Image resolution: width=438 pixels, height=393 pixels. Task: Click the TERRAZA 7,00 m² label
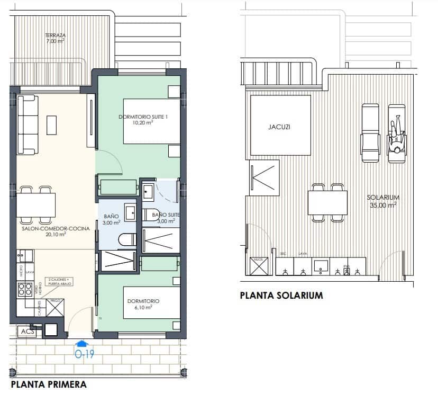(x=56, y=38)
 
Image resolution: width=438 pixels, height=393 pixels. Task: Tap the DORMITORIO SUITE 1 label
(x=142, y=119)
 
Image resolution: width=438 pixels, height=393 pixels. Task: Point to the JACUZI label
(x=279, y=127)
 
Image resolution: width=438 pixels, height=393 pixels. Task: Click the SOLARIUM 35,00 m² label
(x=382, y=200)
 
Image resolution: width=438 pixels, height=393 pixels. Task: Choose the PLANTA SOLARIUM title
(x=281, y=296)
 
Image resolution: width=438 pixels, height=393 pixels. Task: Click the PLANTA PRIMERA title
(x=48, y=385)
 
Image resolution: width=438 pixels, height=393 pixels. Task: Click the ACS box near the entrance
(x=26, y=331)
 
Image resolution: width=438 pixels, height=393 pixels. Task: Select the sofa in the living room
(x=27, y=123)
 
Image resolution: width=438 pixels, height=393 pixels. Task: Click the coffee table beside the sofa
(x=52, y=125)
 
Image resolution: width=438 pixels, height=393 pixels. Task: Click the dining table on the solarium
(x=328, y=203)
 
